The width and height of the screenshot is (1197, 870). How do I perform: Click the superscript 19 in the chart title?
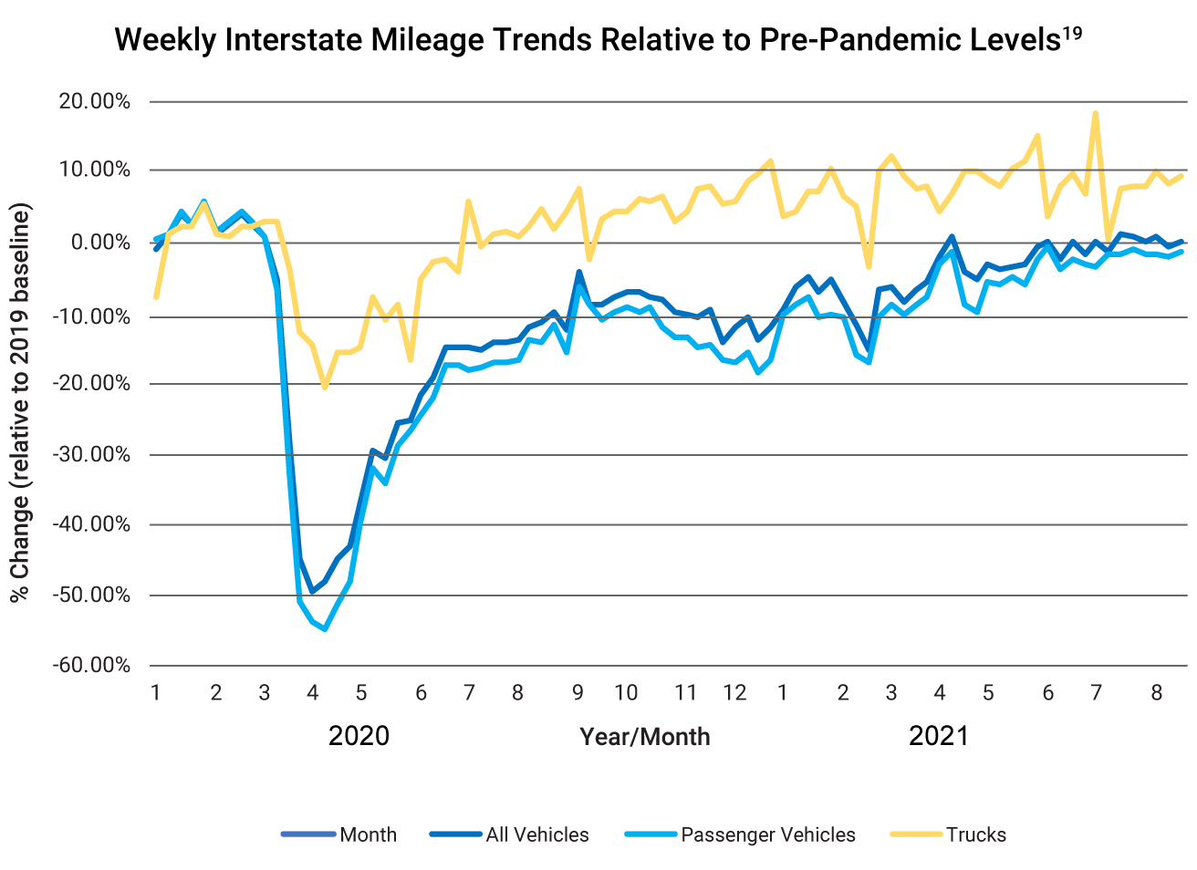tap(1072, 34)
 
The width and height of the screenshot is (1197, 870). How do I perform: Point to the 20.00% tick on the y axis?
tap(95, 101)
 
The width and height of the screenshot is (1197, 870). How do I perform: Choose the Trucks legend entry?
tap(975, 834)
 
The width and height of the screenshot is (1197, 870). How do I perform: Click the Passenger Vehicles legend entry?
tap(767, 834)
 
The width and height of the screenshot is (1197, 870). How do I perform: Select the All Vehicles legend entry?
tap(536, 834)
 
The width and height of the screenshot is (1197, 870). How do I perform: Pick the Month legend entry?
tap(368, 834)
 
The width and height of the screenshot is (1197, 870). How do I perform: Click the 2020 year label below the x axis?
tap(359, 735)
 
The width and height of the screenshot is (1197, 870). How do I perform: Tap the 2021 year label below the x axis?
tap(938, 735)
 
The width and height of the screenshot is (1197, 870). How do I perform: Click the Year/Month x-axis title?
tap(644, 737)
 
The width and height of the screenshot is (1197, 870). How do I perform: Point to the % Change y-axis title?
tap(20, 401)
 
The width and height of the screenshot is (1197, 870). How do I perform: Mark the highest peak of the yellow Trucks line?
tap(1095, 114)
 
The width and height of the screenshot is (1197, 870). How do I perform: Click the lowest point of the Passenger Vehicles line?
tap(325, 629)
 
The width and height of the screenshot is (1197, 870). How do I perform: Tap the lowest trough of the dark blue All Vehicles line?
tap(313, 592)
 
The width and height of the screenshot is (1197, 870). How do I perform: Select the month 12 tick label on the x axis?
tap(734, 692)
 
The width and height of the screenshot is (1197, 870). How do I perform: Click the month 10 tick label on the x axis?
tap(626, 692)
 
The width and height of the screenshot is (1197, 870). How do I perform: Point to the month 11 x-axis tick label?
tap(685, 692)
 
